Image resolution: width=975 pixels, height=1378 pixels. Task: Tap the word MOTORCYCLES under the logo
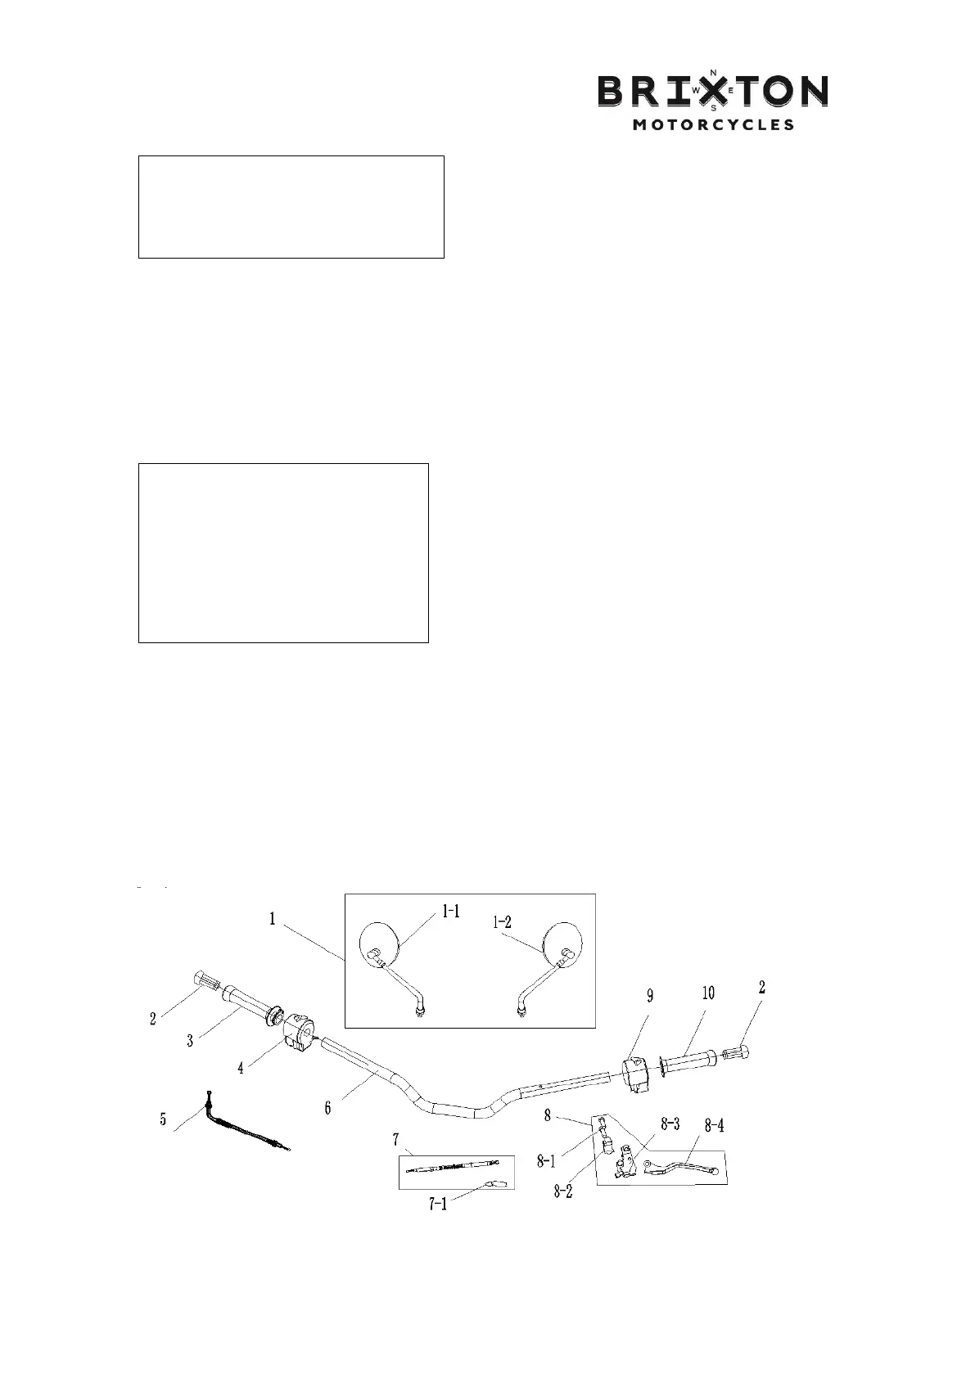coord(713,125)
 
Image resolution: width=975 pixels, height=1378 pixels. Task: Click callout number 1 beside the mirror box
coord(273,918)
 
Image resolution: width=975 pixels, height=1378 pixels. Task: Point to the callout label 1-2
coord(502,921)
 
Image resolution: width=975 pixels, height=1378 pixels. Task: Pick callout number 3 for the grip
coord(190,1041)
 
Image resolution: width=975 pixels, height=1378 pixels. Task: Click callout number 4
coord(240,1069)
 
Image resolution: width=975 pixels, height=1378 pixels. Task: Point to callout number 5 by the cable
coord(163,1119)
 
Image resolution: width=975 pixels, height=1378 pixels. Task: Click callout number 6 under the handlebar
coord(327,1107)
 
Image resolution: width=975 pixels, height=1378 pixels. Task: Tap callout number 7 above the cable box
coord(396,1139)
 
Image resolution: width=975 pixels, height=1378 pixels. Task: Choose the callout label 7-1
coord(438,1204)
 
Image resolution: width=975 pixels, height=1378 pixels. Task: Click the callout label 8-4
coord(715,1126)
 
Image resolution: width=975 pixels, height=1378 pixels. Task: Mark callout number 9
coord(650,996)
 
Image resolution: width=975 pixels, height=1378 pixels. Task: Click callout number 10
coord(708,993)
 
